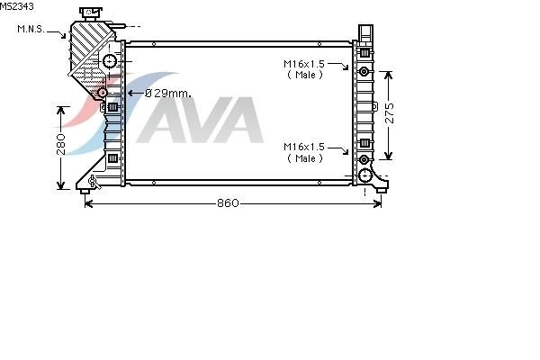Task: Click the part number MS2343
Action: coord(17,6)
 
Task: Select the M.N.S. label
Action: coord(31,30)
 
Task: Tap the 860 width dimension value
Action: coord(228,203)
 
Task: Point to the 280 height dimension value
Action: coord(60,144)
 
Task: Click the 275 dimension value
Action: coord(389,112)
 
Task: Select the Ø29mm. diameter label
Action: coord(168,93)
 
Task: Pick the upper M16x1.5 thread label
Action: coord(304,64)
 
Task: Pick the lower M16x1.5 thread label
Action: coord(304,147)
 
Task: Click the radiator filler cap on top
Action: coord(91,13)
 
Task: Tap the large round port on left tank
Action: coord(110,62)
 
